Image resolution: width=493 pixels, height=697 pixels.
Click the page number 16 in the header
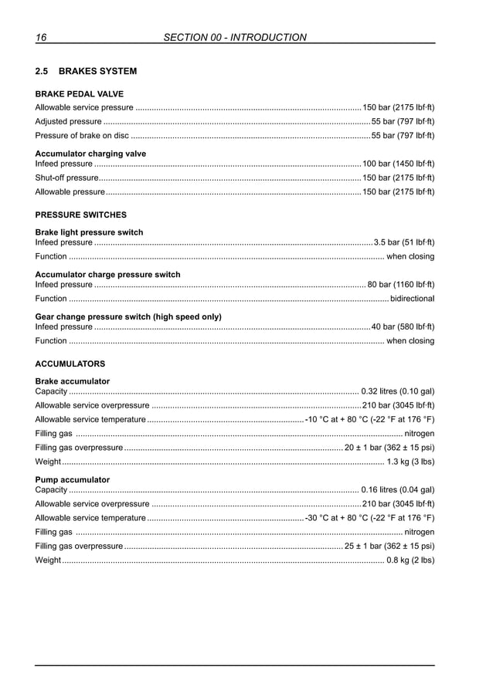pos(41,37)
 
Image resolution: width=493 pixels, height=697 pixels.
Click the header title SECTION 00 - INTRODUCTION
pos(236,37)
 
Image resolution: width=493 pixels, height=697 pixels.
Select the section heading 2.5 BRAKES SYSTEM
pos(86,72)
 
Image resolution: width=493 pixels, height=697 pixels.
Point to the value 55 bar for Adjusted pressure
pos(403,122)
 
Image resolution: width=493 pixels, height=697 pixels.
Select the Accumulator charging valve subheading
pos(90,154)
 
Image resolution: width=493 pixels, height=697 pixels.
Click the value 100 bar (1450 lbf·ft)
pos(398,164)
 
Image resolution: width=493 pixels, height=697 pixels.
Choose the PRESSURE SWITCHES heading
pos(81,215)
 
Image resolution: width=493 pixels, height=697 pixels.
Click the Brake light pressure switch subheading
pos(89,232)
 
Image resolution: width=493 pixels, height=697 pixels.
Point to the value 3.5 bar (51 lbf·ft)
pos(404,242)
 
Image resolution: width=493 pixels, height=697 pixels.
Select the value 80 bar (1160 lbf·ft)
pos(400,285)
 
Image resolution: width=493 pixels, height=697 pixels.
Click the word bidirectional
pos(412,299)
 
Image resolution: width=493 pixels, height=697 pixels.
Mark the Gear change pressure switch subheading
pos(128,316)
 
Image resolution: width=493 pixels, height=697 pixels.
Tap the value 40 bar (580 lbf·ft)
pos(403,327)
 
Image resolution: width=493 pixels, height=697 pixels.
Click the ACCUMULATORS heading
pos(70,364)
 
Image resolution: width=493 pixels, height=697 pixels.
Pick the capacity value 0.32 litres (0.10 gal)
pos(397,391)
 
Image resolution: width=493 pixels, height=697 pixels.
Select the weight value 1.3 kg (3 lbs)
pos(410,462)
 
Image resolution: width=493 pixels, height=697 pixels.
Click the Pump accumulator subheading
pos(73,479)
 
